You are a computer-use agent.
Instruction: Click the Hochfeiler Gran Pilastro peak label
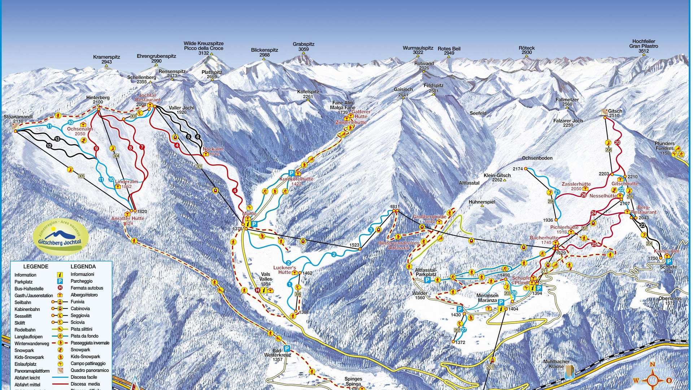644,46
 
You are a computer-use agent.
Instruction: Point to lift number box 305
81,176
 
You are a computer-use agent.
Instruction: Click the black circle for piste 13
57,139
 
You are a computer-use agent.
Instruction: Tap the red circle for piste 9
96,148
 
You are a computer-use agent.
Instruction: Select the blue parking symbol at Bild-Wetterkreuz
287,348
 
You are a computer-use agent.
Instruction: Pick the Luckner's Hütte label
284,270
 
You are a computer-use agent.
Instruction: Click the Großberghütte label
430,219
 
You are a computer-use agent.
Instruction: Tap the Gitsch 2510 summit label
615,113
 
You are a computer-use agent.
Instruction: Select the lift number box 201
490,367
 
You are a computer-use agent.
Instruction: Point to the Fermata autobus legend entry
87,288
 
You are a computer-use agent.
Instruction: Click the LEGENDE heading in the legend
36,266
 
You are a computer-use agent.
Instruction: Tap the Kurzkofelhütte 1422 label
296,181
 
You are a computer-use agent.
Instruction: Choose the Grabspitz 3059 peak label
303,47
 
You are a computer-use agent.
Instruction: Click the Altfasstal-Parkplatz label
426,272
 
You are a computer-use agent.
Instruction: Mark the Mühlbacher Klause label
556,364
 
